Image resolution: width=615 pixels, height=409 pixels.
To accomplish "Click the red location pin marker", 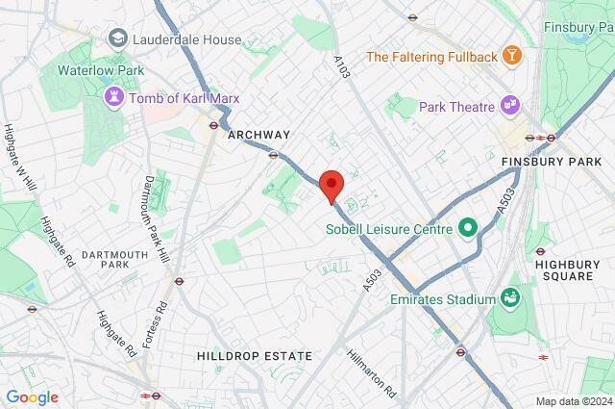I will pyautogui.click(x=331, y=185).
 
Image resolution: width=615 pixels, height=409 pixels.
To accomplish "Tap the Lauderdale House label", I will pyautogui.click(x=187, y=38).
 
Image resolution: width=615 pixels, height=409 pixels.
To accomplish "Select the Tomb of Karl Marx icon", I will pyautogui.click(x=114, y=98).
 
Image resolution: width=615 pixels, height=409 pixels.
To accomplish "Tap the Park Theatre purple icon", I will pyautogui.click(x=509, y=106).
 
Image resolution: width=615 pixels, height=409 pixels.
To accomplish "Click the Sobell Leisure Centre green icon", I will pyautogui.click(x=468, y=228).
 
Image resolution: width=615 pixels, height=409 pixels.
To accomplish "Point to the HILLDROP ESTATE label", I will pyautogui.click(x=256, y=356).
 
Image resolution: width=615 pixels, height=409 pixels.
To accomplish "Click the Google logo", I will pyautogui.click(x=32, y=396).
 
